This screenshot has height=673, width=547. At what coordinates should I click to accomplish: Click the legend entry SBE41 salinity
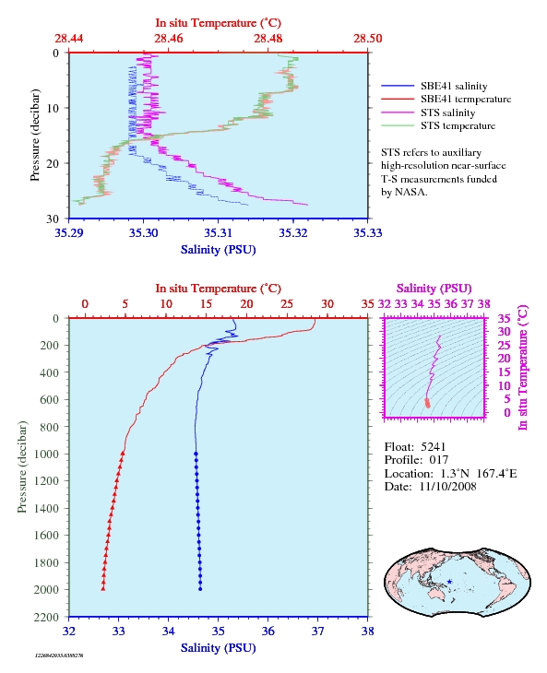tap(454, 87)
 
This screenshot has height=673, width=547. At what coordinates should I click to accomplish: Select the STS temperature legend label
tap(458, 125)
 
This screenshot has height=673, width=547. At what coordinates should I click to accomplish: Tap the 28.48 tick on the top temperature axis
tap(268, 39)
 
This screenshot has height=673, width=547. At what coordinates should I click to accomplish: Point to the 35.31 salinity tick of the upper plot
tap(218, 233)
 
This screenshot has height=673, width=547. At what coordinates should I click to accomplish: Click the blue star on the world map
tap(449, 582)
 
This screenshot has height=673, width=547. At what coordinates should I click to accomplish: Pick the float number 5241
tap(434, 447)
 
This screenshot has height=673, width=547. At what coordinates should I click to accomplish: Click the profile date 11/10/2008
tap(447, 486)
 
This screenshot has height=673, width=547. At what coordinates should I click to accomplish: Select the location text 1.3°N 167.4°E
tap(479, 474)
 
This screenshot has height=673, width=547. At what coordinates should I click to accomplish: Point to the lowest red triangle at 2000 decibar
tap(103, 588)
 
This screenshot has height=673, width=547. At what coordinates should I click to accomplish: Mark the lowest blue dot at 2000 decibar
tap(200, 589)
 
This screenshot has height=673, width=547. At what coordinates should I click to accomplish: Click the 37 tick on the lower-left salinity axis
tap(317, 632)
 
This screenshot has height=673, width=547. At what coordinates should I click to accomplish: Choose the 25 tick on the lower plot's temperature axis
tap(287, 304)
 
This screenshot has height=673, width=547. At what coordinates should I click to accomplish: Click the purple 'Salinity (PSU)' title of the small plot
tap(434, 289)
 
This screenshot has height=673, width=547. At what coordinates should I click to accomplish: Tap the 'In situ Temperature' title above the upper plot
tap(218, 23)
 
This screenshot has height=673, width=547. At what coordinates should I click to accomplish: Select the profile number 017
tap(439, 460)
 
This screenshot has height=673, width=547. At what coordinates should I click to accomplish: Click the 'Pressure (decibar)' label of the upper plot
tap(35, 136)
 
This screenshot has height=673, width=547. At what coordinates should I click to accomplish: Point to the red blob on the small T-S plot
tap(427, 403)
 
